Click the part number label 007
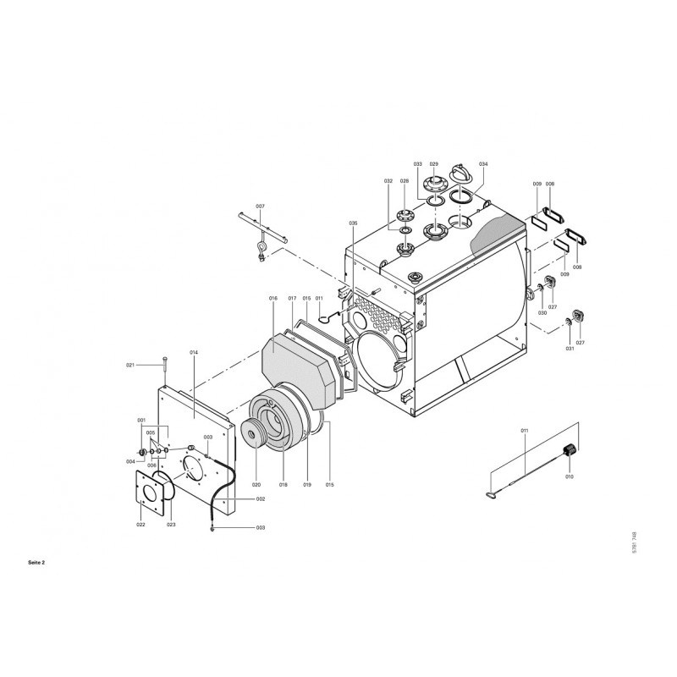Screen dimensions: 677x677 260,206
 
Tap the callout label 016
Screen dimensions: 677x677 272,299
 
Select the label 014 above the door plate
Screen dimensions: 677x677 194,352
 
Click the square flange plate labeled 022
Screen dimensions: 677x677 149,493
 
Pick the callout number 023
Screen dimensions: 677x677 172,525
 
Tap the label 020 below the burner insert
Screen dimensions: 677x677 256,485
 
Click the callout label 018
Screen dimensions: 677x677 283,485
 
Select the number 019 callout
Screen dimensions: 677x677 307,485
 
